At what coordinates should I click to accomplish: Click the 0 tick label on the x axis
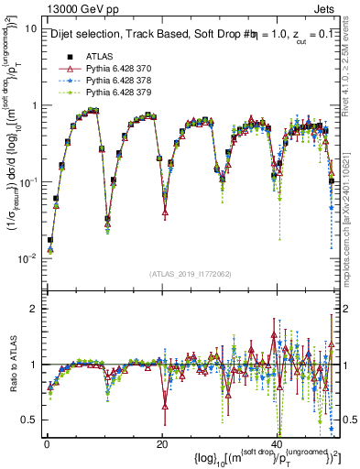click(x=46, y=442)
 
